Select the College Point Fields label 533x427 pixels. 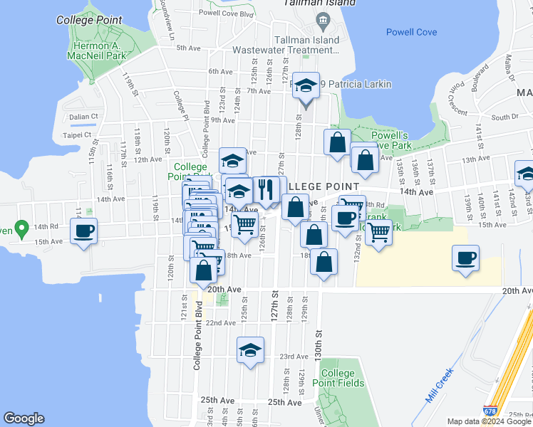[x=338, y=378]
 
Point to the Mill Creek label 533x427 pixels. [x=440, y=385]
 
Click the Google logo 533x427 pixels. [x=24, y=418]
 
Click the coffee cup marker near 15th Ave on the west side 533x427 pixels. [x=83, y=231]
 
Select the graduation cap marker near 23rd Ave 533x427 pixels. [x=250, y=350]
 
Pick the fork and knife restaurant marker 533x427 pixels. [x=266, y=189]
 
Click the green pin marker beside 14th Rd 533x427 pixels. [x=21, y=229]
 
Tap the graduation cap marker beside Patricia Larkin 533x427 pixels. [x=306, y=86]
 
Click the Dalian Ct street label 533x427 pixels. [x=83, y=117]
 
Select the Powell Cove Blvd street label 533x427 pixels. [x=227, y=12]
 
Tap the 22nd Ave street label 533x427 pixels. [x=220, y=322]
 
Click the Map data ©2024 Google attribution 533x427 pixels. [x=488, y=421]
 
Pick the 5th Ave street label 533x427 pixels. [x=189, y=48]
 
